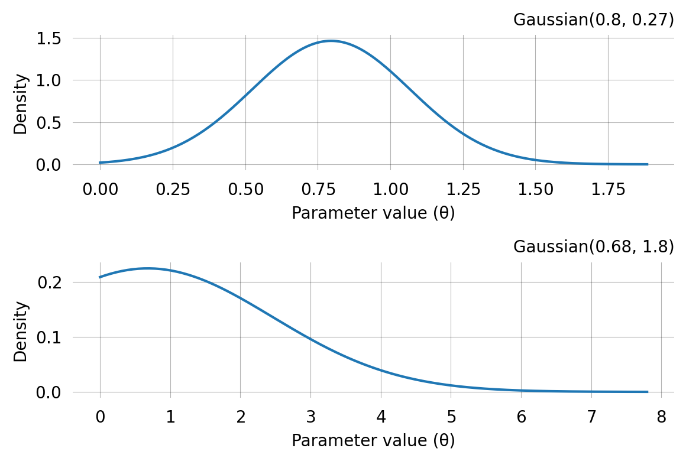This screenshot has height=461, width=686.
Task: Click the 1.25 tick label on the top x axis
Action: point(463,189)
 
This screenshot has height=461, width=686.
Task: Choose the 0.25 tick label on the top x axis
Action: point(173,189)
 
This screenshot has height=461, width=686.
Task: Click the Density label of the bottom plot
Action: point(21,332)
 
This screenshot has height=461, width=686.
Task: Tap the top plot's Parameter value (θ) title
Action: point(373,213)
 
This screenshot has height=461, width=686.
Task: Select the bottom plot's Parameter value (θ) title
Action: point(373,441)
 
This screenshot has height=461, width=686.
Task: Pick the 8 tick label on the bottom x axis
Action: point(661,417)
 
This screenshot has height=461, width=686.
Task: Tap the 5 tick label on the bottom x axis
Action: point(451,417)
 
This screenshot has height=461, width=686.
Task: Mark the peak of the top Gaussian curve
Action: point(331,41)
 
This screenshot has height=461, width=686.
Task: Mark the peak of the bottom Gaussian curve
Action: point(147,268)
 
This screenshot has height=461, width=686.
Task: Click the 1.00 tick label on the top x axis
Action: point(390,189)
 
